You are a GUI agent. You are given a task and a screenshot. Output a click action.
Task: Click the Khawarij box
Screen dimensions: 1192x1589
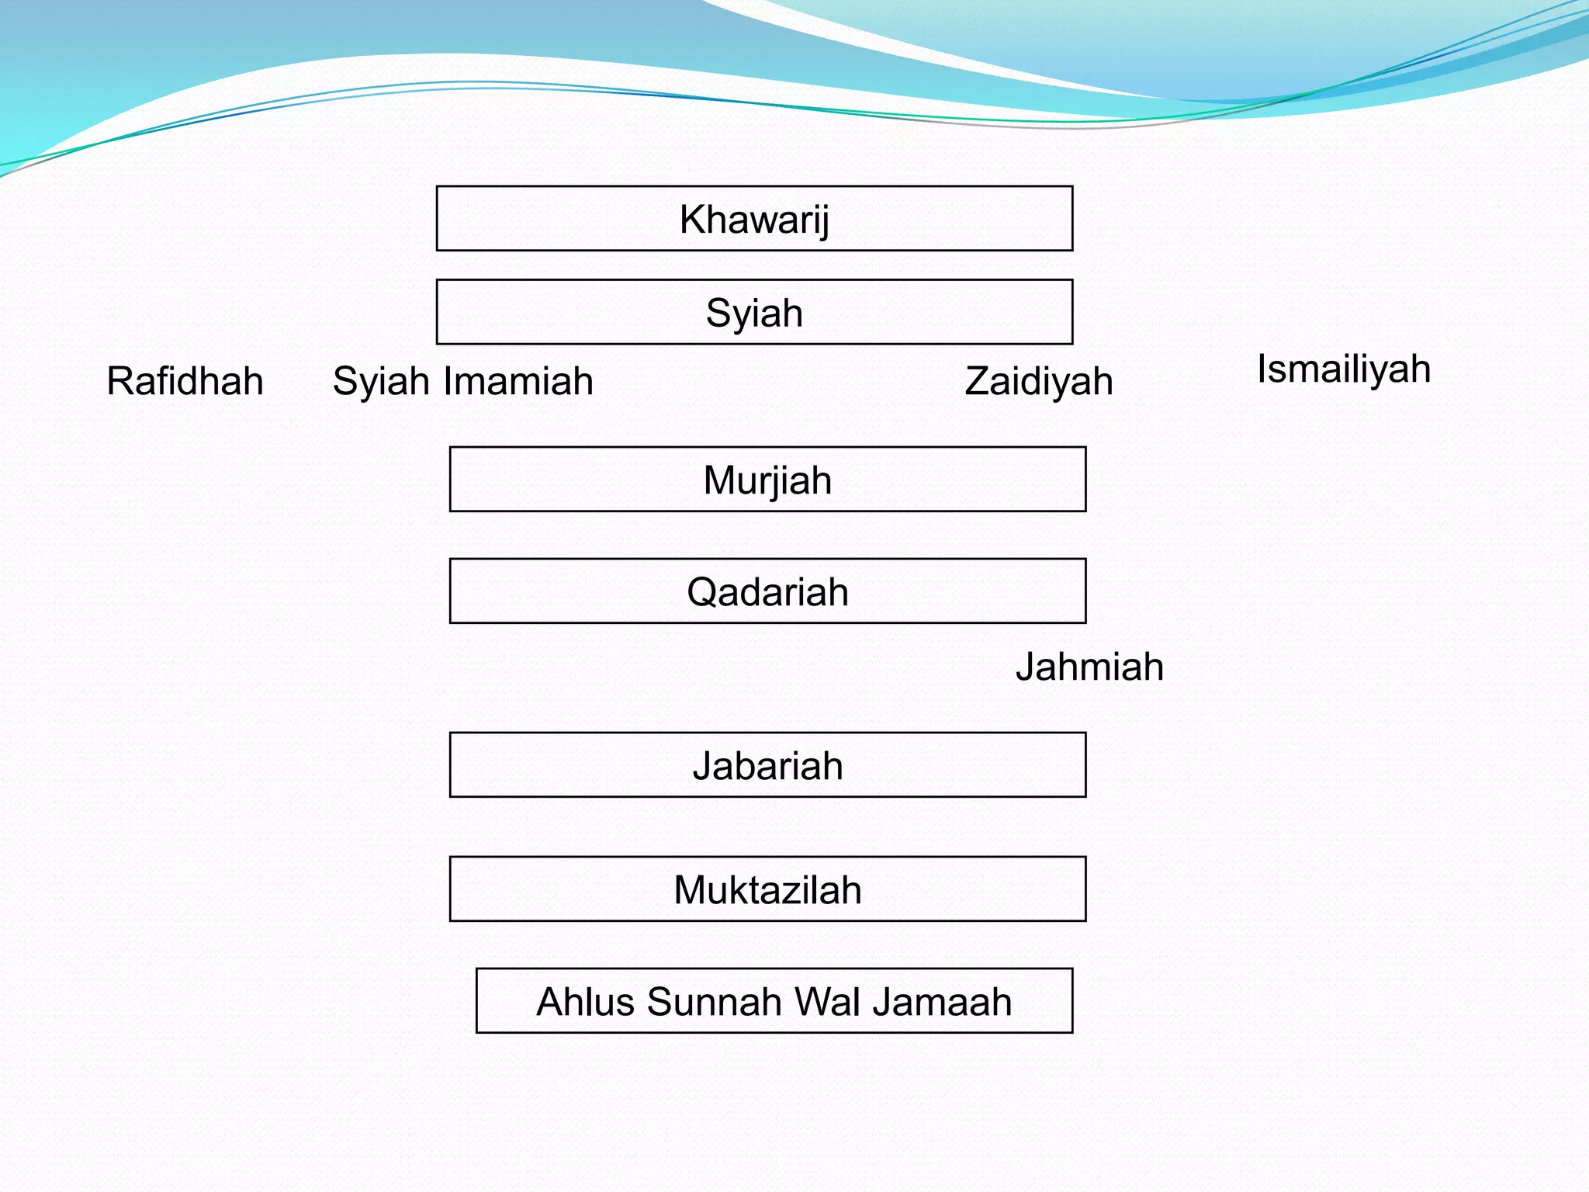754,219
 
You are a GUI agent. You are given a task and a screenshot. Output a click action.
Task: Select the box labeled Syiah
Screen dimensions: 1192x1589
754,312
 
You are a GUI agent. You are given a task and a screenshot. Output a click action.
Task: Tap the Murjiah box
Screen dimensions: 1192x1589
767,480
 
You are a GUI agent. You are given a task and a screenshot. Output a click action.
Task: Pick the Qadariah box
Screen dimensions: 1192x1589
767,591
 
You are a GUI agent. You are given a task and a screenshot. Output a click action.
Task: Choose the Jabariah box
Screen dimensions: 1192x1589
767,765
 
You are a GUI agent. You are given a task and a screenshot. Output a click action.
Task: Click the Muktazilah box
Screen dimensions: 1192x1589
767,889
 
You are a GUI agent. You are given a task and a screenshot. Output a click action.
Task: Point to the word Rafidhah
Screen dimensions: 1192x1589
185,381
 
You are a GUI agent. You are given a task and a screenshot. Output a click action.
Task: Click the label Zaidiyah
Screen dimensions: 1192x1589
1038,381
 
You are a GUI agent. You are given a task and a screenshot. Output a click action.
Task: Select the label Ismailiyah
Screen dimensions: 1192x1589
1343,369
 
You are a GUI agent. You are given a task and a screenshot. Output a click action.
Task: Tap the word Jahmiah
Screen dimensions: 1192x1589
1089,667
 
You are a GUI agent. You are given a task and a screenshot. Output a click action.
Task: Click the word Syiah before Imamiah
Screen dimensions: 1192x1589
381,381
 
